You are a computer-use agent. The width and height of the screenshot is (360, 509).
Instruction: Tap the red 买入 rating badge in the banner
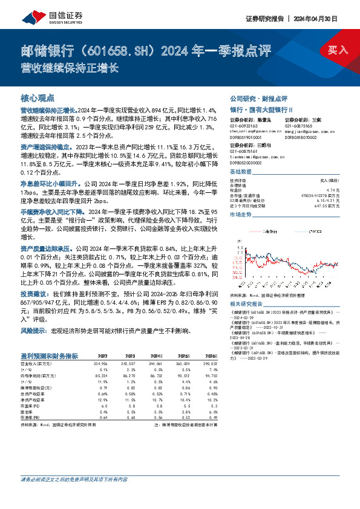click(x=338, y=50)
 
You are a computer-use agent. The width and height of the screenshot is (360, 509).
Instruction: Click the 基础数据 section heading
click(x=242, y=172)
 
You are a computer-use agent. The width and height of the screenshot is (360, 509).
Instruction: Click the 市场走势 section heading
click(x=242, y=215)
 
